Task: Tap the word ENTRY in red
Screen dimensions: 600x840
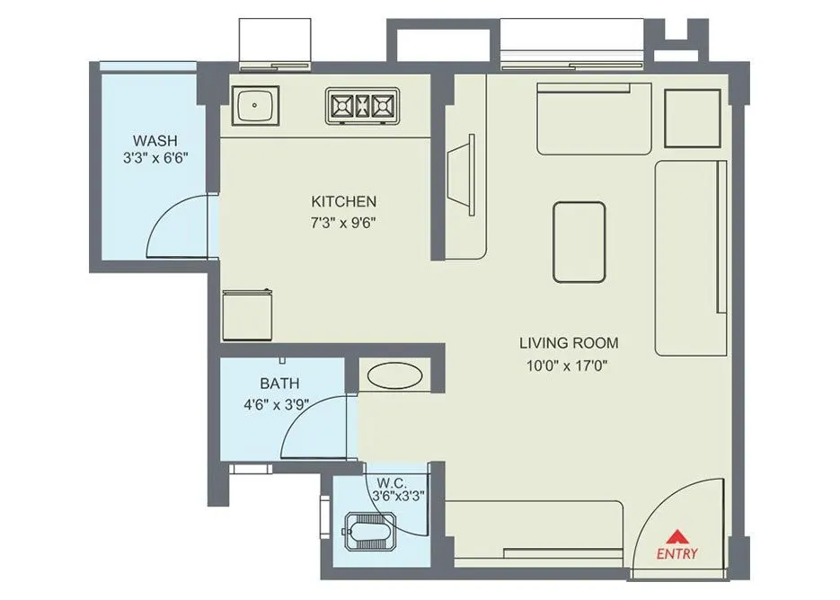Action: click(x=676, y=553)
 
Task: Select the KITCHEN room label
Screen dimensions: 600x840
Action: click(x=343, y=201)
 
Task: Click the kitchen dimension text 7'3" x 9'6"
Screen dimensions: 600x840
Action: click(x=343, y=222)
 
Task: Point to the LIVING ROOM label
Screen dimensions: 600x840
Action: click(x=569, y=343)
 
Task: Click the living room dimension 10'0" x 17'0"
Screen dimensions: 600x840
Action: click(x=569, y=365)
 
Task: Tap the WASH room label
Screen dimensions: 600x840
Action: click(x=155, y=140)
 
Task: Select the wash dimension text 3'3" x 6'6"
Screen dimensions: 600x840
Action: click(x=155, y=158)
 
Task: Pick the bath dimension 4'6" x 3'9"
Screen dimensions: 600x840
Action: click(x=276, y=403)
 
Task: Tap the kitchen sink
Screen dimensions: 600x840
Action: click(x=256, y=106)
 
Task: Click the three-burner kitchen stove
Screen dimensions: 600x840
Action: click(x=361, y=106)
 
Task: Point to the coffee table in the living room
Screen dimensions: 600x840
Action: click(x=579, y=242)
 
